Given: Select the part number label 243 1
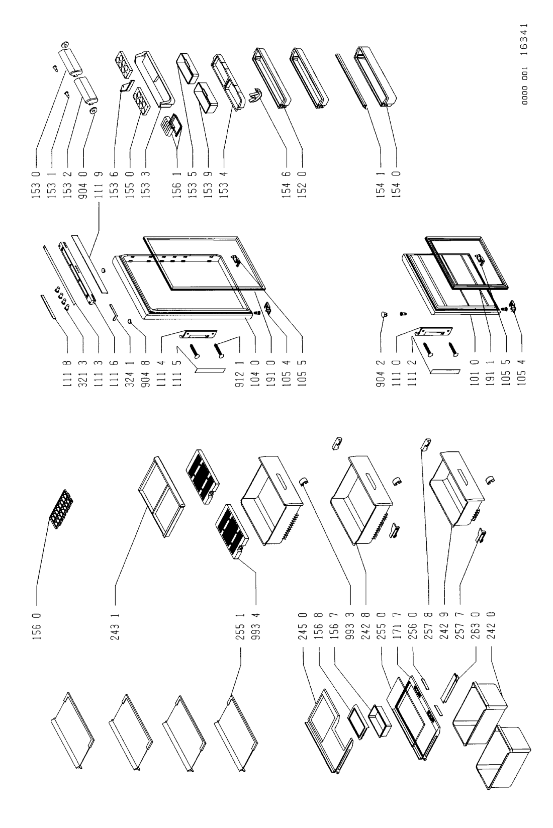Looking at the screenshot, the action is pos(115,626).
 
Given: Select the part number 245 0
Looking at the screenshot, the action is pos(303,626).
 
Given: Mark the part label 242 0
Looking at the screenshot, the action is pos(491,626).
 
